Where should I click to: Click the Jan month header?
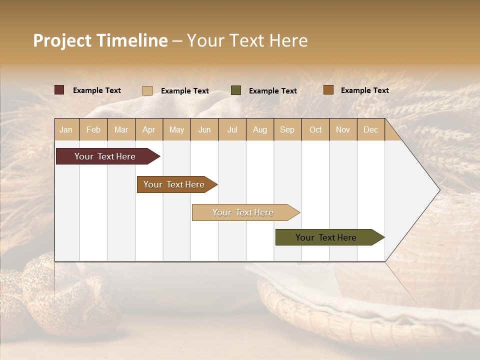(x=66, y=129)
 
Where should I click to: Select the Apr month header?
(x=148, y=129)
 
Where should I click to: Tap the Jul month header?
(x=232, y=129)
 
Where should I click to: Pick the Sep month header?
(x=287, y=129)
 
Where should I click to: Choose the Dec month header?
(x=370, y=129)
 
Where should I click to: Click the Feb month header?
(x=93, y=129)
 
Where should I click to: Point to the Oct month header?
(x=315, y=129)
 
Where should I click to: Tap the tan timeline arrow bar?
(x=243, y=212)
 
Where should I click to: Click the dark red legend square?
(x=59, y=90)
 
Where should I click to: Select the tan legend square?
(x=147, y=90)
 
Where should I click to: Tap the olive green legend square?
(x=236, y=90)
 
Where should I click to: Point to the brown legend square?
(x=328, y=90)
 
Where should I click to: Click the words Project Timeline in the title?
(x=100, y=40)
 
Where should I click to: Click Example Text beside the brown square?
(x=364, y=90)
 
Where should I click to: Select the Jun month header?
(x=204, y=129)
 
